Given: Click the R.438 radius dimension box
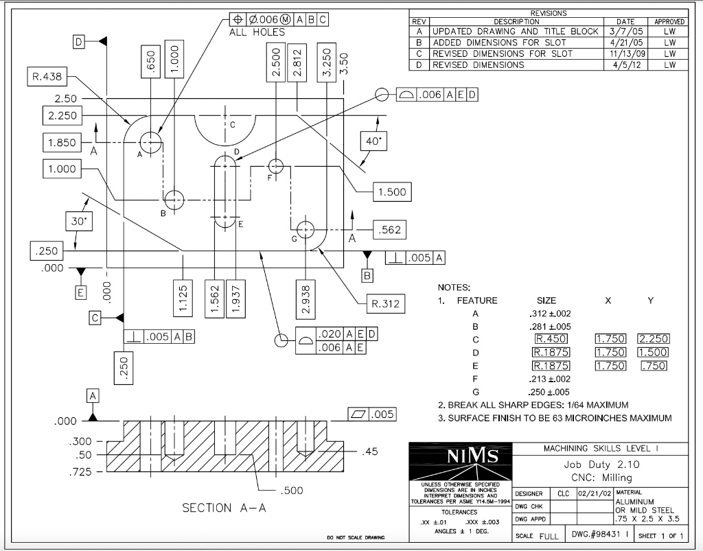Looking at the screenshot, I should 47,77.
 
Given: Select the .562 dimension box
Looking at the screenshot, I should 389,231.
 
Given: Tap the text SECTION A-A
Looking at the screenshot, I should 223,508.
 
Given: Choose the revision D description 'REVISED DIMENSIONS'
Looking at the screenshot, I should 478,65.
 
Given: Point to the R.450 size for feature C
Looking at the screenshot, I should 552,339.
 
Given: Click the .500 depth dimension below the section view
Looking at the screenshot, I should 292,491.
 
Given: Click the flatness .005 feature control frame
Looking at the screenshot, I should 371,414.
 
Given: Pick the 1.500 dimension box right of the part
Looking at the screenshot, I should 392,192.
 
